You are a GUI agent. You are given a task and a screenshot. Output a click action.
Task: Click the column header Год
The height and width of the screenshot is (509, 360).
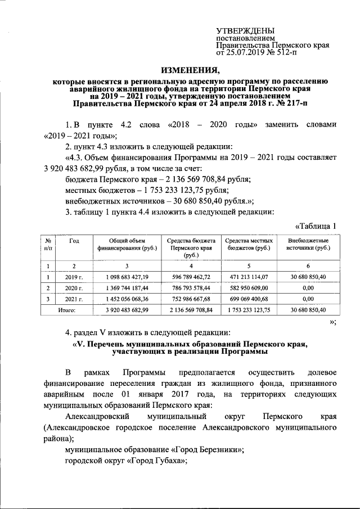[x=74, y=241]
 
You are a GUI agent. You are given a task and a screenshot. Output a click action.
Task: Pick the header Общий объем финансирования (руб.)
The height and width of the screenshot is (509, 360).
[x=127, y=244]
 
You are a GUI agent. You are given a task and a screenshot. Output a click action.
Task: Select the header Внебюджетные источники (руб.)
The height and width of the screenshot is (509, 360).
[x=308, y=244]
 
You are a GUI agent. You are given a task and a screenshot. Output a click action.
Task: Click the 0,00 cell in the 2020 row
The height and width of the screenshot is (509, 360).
[x=308, y=287]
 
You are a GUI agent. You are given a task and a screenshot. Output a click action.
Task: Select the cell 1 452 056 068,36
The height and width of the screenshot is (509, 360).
[x=127, y=299]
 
